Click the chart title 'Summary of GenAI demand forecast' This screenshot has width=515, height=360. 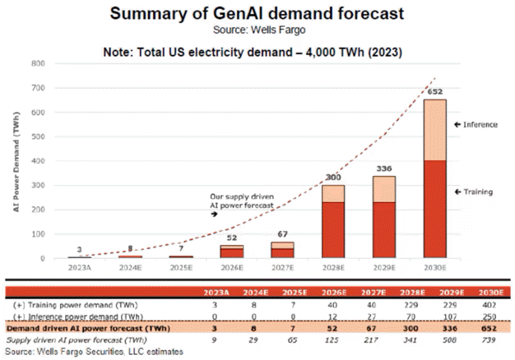(257, 14)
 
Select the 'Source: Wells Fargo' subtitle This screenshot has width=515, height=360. (257, 30)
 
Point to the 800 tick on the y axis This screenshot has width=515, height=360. (38, 63)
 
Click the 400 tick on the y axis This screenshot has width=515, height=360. (38, 161)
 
